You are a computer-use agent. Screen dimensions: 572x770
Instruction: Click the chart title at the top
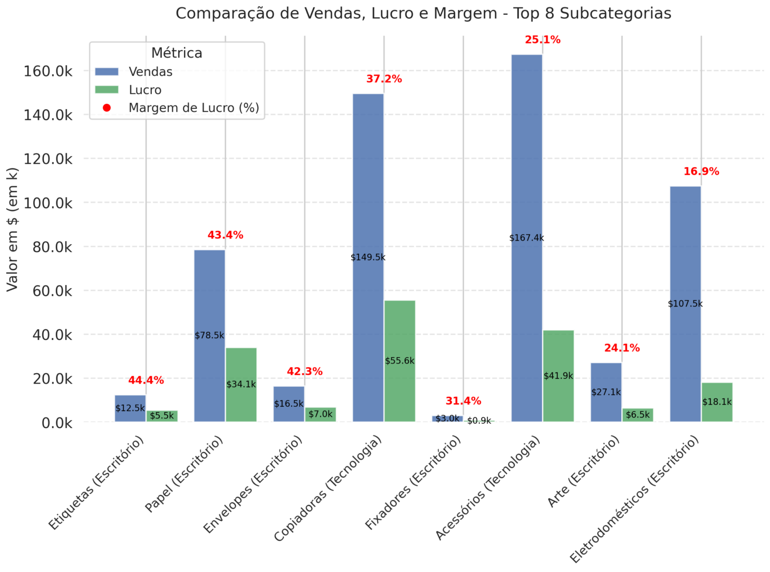423,13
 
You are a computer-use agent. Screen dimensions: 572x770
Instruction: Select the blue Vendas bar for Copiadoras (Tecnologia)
368,211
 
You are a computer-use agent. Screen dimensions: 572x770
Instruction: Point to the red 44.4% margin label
146,380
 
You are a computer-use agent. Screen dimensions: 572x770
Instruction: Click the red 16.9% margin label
701,171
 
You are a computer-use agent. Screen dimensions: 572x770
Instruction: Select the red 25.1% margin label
542,40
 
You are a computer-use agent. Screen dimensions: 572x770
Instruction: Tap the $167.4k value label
526,238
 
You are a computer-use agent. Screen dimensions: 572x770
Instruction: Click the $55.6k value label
400,361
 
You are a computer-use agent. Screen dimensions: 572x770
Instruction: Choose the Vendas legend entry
150,72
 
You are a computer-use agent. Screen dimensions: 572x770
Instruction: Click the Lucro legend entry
145,90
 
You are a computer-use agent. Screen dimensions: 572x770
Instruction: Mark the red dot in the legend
107,108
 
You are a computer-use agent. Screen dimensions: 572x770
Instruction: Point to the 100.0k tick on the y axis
47,203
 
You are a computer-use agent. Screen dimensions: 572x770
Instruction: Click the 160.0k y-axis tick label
47,71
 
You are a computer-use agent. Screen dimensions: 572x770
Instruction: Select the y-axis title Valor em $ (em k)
12,229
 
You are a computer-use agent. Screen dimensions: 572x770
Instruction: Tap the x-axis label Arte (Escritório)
584,472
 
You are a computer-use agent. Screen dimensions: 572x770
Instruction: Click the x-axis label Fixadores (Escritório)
414,483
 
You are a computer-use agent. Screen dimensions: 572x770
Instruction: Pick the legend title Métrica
177,53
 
